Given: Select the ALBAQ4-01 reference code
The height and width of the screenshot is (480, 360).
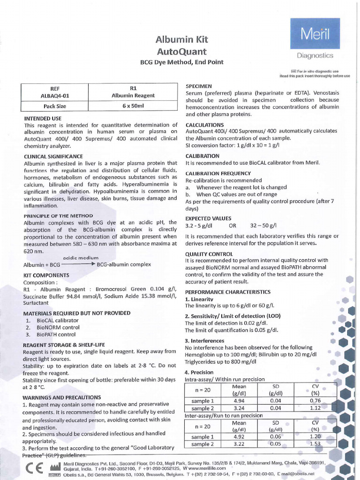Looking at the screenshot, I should click(55, 96).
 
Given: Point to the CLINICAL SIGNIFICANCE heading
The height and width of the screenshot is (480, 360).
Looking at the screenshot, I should click(53, 156).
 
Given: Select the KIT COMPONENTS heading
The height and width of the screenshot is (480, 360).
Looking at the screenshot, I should click(46, 275).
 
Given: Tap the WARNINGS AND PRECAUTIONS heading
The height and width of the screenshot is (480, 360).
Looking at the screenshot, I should click(62, 397).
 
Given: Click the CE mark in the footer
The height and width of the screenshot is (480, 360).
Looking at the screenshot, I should click(35, 469).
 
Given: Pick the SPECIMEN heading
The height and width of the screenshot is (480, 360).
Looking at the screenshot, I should click(199, 86).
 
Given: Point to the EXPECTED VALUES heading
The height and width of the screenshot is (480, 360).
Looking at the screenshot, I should click(208, 218).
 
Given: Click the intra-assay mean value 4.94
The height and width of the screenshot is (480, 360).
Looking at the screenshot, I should click(239, 401).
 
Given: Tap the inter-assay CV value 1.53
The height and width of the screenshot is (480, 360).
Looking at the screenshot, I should click(315, 444).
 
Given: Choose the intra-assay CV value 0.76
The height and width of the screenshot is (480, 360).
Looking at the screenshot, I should click(315, 401).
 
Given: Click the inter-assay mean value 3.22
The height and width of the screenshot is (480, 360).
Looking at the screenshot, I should click(239, 444).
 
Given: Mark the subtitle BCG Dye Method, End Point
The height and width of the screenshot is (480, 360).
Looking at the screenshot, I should click(182, 62).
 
